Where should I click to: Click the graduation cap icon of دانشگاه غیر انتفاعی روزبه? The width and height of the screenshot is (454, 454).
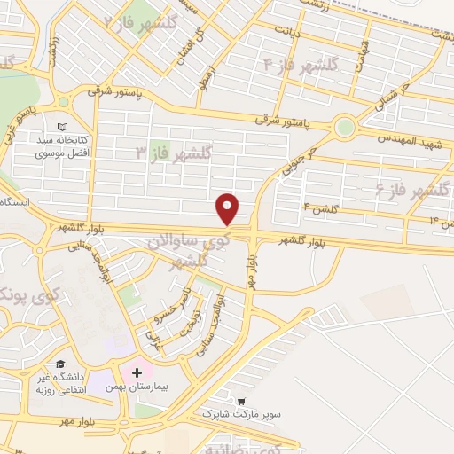tap(61, 364)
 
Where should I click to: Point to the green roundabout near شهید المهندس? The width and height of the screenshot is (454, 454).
tap(345, 127)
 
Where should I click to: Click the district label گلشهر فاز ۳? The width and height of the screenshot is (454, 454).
tap(182, 153)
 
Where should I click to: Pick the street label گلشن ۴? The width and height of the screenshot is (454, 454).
tap(323, 208)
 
